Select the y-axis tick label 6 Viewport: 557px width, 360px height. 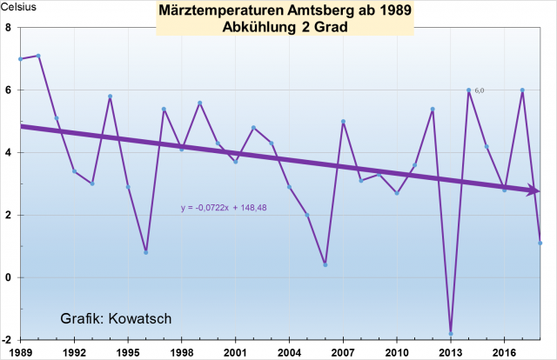tap(8, 90)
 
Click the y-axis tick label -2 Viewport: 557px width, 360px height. tap(6, 340)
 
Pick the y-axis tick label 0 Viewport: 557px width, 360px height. tap(8, 277)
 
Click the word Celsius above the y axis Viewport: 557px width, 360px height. tap(17, 7)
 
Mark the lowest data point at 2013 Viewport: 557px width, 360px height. tap(451, 333)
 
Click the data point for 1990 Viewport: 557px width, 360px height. tap(38, 56)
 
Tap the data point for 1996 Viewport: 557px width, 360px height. tap(145, 252)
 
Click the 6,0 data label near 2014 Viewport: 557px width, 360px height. tap(480, 90)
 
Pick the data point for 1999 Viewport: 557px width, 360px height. tap(199, 103)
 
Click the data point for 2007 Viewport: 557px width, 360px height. tap(343, 122)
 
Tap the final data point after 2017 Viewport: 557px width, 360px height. tap(540, 243)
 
